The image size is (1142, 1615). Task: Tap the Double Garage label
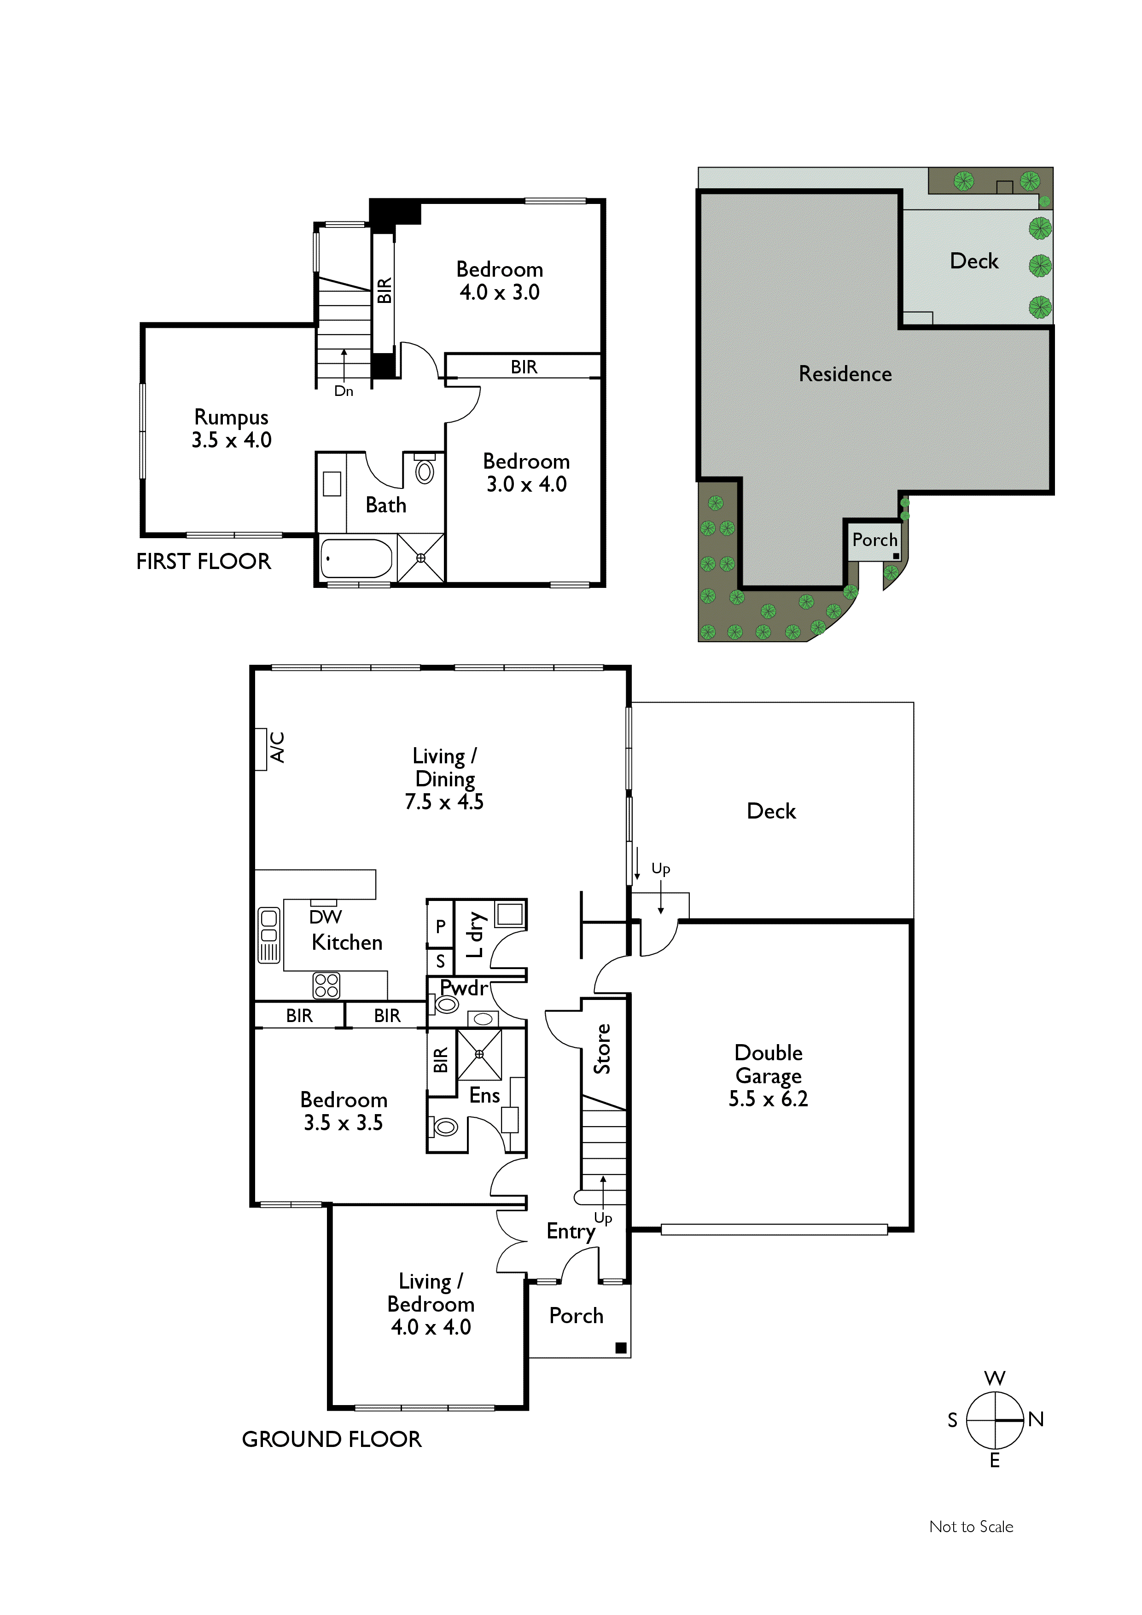[x=769, y=1075]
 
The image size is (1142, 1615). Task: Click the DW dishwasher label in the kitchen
[x=325, y=917]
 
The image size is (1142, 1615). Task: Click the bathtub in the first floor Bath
[x=356, y=558]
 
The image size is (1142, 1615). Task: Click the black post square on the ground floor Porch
[x=621, y=1348]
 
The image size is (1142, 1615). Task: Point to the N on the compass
[x=1036, y=1419]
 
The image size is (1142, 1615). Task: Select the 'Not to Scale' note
[x=971, y=1526]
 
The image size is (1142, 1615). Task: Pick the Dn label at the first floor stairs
[x=344, y=391]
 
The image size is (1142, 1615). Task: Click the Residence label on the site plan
[x=845, y=373]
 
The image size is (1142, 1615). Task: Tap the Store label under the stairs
[x=602, y=1049]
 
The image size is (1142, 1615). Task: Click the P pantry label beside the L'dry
[x=441, y=926]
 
